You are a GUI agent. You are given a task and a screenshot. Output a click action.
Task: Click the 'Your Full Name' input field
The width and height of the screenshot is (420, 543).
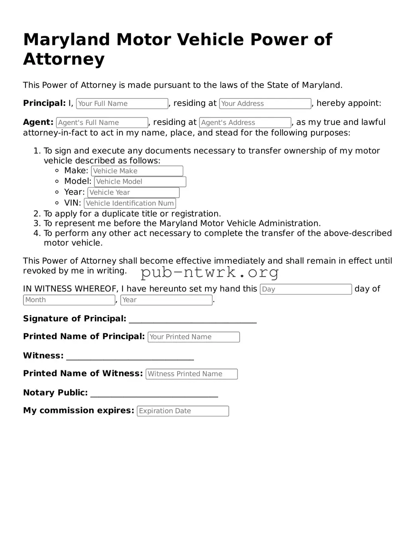122,103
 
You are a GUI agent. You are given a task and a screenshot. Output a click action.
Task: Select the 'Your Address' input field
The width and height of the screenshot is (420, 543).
265,103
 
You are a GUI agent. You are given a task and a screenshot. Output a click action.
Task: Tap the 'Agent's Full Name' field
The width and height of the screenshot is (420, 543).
102,123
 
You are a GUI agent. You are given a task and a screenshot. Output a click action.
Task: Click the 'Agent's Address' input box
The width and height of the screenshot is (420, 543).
245,123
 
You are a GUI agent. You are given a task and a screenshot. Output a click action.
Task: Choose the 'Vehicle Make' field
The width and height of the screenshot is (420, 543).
137,171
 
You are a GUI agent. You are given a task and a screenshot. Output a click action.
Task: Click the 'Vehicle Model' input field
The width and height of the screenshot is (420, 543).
140,182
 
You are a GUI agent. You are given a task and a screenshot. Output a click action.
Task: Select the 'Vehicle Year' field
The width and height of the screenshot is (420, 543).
133,193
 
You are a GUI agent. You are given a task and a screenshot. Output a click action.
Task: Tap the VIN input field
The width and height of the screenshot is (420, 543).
130,203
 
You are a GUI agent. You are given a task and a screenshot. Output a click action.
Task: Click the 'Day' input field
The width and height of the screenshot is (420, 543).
306,289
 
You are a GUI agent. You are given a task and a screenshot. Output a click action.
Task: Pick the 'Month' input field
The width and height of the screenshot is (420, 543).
69,300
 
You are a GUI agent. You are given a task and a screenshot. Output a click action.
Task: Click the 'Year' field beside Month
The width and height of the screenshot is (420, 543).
166,300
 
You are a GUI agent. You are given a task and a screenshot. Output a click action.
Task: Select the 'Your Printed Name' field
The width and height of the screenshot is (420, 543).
193,337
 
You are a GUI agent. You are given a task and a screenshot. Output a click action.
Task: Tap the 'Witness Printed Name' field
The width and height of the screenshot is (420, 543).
191,374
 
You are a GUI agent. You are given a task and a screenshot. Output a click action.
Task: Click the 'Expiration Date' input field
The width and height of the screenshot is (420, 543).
183,411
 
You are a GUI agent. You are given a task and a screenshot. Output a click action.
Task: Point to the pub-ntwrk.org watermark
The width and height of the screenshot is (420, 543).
210,272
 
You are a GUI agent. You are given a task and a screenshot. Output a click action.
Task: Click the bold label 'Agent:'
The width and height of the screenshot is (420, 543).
38,122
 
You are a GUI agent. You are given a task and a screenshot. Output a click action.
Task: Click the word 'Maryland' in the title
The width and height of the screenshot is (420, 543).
66,40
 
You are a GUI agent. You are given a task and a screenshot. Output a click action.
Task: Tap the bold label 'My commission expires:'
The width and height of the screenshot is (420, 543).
78,411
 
